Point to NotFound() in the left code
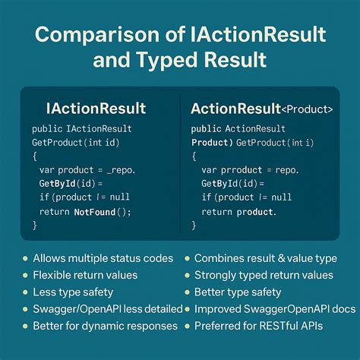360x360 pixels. click(x=103, y=212)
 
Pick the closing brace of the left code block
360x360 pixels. click(x=35, y=226)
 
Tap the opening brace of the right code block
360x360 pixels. click(x=194, y=156)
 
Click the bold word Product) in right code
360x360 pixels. click(x=213, y=142)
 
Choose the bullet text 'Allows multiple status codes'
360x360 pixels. click(x=103, y=258)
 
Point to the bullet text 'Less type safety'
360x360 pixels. click(x=74, y=292)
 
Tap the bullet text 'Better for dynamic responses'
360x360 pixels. click(x=105, y=326)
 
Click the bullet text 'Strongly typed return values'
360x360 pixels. click(x=264, y=275)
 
